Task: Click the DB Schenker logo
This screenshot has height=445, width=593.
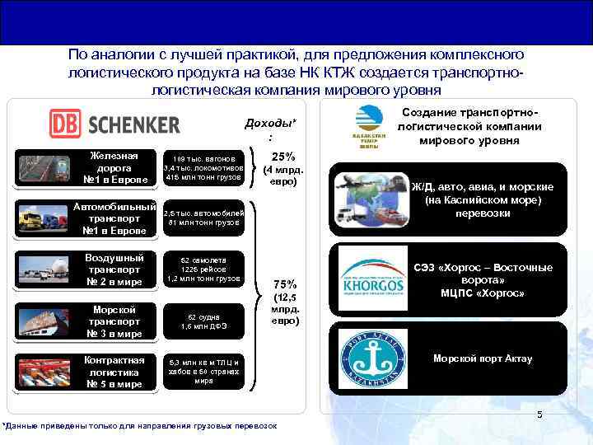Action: [114, 124]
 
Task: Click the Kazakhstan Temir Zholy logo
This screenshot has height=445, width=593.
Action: [368, 126]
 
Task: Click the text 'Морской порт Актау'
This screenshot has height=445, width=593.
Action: [483, 358]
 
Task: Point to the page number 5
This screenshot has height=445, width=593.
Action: [539, 414]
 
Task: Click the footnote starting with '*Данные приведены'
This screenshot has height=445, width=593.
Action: [140, 424]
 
